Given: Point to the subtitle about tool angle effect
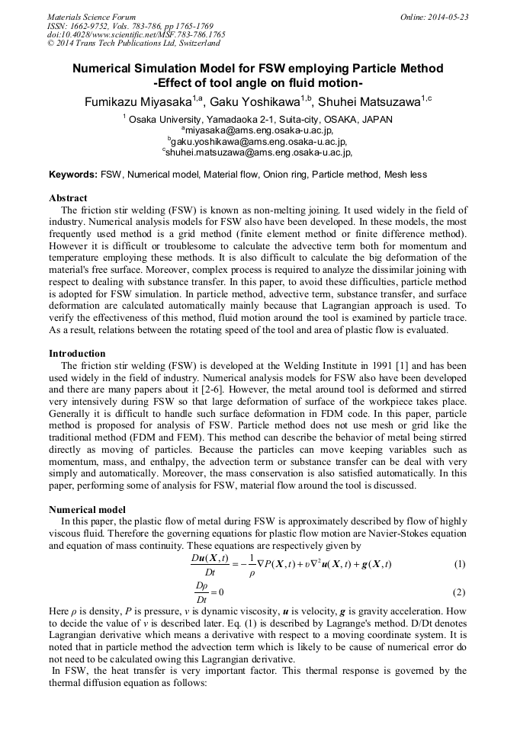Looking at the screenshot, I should [258, 83].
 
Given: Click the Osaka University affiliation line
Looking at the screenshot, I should [258, 120].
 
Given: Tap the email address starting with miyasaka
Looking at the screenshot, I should [258, 130].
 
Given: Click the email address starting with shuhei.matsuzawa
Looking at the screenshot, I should [258, 152].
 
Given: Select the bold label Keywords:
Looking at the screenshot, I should [73, 175].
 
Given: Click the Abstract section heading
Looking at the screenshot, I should [68, 198].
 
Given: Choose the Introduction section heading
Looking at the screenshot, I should [77, 354].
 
